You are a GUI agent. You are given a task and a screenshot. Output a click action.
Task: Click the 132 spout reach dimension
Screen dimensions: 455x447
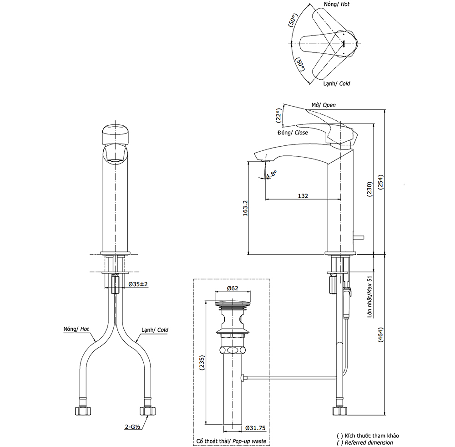pyautogui.click(x=303, y=196)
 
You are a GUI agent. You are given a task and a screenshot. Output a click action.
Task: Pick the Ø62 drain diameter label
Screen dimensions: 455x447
pyautogui.click(x=233, y=288)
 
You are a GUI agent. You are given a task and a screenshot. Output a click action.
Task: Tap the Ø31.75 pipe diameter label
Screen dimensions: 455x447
pyautogui.click(x=255, y=428)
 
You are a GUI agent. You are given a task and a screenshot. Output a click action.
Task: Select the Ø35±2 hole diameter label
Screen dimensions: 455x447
pyautogui.click(x=138, y=284)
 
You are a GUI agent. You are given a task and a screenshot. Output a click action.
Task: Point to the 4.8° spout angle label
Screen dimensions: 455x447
pyautogui.click(x=272, y=174)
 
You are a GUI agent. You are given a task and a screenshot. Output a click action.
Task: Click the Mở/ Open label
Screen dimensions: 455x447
pyautogui.click(x=324, y=105)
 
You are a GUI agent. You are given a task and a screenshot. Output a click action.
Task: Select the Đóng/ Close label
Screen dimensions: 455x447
pyautogui.click(x=292, y=133)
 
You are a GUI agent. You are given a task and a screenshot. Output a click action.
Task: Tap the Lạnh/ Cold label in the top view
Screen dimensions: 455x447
pyautogui.click(x=337, y=84)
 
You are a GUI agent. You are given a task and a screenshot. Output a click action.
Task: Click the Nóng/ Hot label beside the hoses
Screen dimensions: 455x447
pyautogui.click(x=76, y=328)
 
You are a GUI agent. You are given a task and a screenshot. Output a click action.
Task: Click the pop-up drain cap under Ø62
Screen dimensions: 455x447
pyautogui.click(x=233, y=303)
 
